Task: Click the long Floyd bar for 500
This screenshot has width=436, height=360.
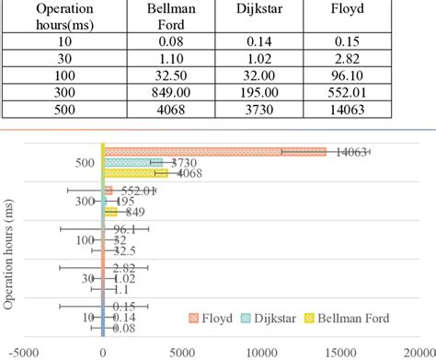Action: tap(215, 152)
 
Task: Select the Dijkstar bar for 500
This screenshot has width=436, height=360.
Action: tap(133, 163)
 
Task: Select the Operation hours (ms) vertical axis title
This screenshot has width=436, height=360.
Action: tap(10, 249)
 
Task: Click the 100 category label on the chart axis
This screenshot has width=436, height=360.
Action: tap(85, 240)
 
